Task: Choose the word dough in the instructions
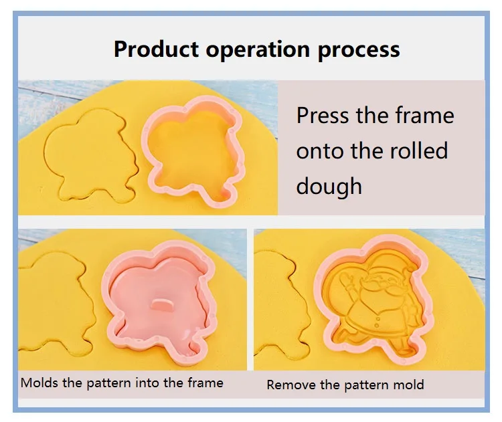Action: click(x=329, y=185)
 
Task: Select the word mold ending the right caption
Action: click(x=409, y=385)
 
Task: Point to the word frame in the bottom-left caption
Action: click(x=208, y=383)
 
